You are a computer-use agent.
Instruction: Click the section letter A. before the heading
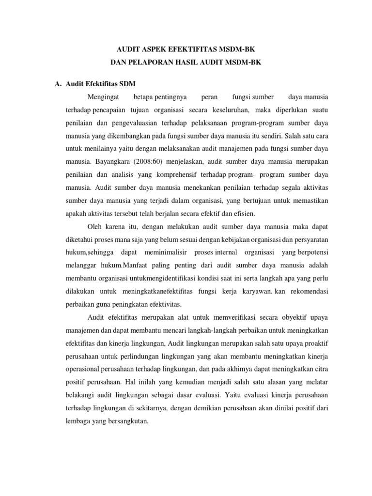point(57,84)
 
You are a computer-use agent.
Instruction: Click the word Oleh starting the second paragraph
point(95,226)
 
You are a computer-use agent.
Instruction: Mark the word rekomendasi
point(306,292)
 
